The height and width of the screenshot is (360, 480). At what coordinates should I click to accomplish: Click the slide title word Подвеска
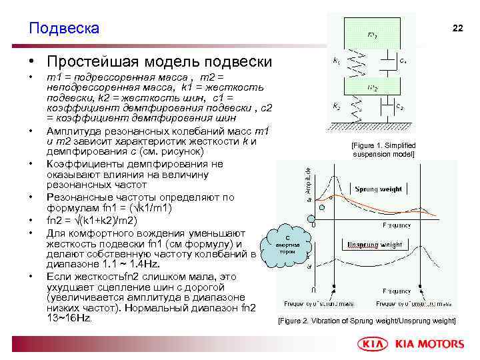[64, 28]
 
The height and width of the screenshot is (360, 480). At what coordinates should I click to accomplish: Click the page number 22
[457, 28]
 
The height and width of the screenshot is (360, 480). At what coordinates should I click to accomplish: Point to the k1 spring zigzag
[354, 62]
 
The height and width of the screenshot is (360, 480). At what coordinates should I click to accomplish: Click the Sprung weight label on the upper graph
[378, 189]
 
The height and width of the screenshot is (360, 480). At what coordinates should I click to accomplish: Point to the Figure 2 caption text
[367, 321]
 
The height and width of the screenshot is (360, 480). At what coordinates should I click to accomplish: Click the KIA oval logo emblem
[375, 344]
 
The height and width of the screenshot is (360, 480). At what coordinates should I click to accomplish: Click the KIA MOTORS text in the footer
[429, 344]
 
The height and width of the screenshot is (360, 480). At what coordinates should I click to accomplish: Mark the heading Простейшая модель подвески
[159, 62]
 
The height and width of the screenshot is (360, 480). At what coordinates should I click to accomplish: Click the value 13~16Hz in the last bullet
[69, 318]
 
